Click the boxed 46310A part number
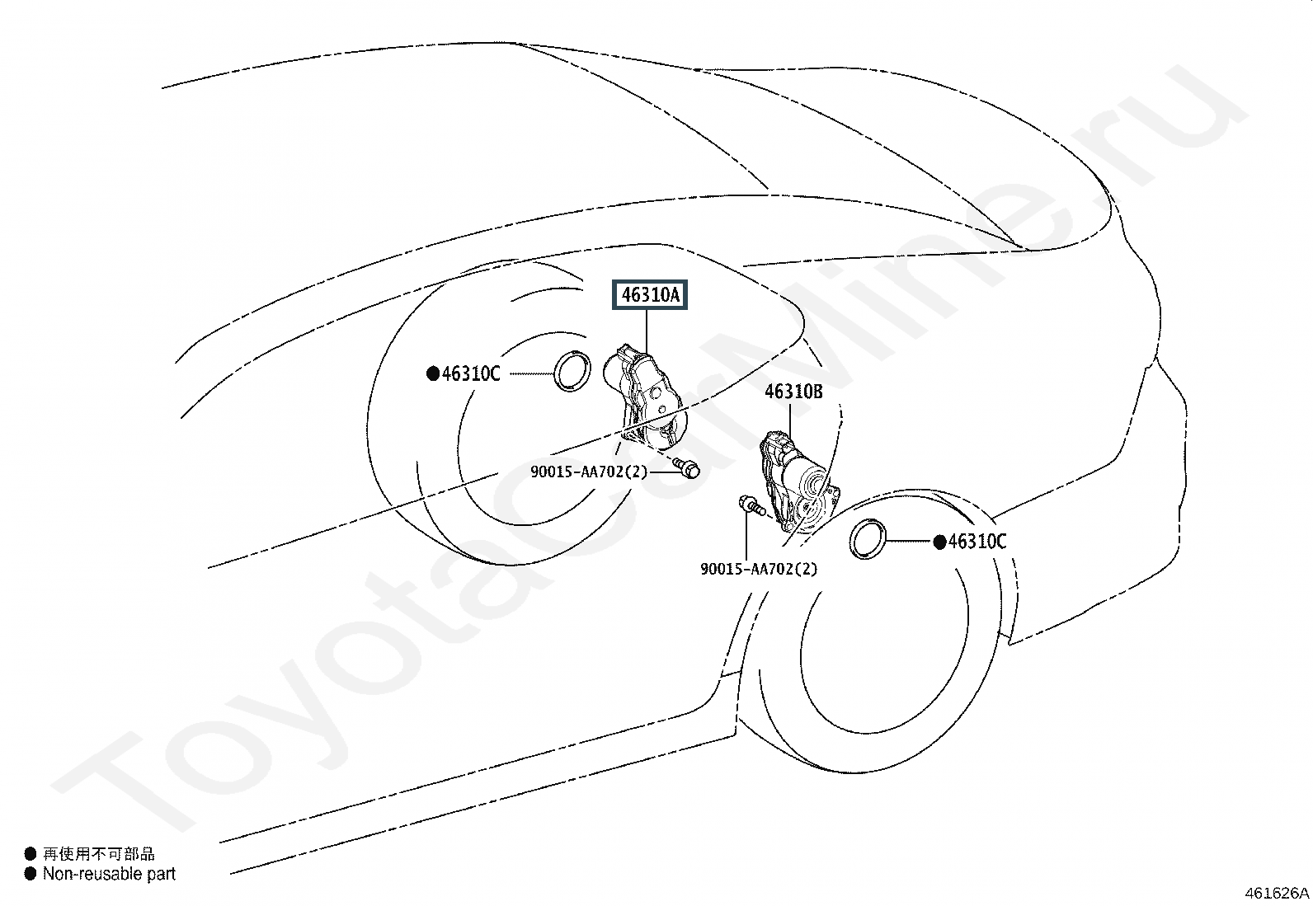649,295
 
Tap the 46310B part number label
793,392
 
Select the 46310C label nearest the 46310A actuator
471,373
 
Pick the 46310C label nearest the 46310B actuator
977,542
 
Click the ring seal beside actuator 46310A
571,370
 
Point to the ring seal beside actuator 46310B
868,539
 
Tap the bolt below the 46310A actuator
687,467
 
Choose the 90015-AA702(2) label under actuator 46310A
589,472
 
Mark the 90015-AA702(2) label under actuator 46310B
759,569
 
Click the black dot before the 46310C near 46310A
433,373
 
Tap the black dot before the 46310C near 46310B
939,542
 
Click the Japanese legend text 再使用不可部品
99,854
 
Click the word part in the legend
161,874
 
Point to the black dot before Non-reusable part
31,874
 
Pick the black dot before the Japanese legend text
31,854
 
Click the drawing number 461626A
1277,893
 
